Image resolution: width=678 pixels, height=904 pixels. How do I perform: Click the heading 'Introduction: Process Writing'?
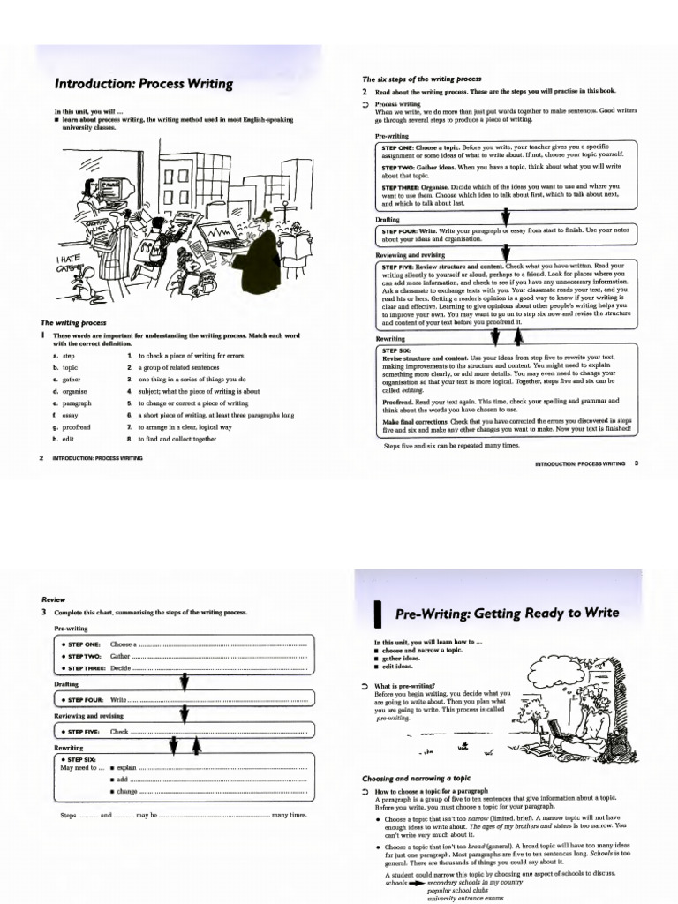click(x=144, y=85)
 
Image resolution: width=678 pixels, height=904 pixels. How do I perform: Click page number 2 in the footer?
click(x=42, y=458)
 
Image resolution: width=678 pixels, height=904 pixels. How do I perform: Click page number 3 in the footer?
click(x=636, y=463)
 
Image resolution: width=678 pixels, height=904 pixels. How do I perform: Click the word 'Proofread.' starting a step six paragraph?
click(x=402, y=401)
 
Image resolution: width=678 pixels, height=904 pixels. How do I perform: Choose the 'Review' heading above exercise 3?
click(x=54, y=599)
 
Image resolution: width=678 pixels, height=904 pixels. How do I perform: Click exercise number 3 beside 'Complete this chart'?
click(x=43, y=612)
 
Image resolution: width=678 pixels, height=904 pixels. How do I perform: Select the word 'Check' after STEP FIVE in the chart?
click(x=119, y=731)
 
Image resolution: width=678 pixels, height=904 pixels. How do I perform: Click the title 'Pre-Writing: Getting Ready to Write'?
click(x=507, y=613)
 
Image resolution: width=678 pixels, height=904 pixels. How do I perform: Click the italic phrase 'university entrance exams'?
click(x=465, y=898)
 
